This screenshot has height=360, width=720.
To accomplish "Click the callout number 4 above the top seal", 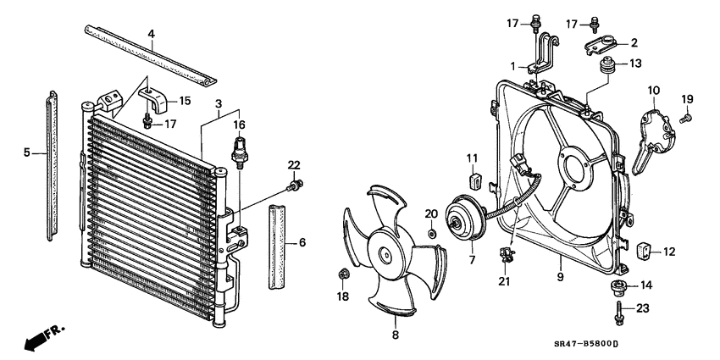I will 151,35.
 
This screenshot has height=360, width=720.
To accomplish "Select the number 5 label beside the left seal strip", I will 27,152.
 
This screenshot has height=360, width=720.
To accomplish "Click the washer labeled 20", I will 432,232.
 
